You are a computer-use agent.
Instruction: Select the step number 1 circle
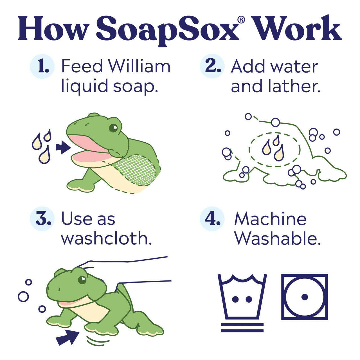click(x=42, y=66)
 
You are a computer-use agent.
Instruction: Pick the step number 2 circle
click(x=212, y=66)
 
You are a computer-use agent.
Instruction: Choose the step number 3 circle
click(x=42, y=219)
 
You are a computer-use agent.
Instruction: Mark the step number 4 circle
click(x=212, y=219)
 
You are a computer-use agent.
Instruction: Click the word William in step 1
click(x=139, y=66)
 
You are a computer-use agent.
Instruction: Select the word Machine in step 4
click(x=270, y=219)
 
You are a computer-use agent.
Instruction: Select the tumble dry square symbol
click(x=305, y=297)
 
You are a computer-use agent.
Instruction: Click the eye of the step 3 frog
click(x=82, y=280)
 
